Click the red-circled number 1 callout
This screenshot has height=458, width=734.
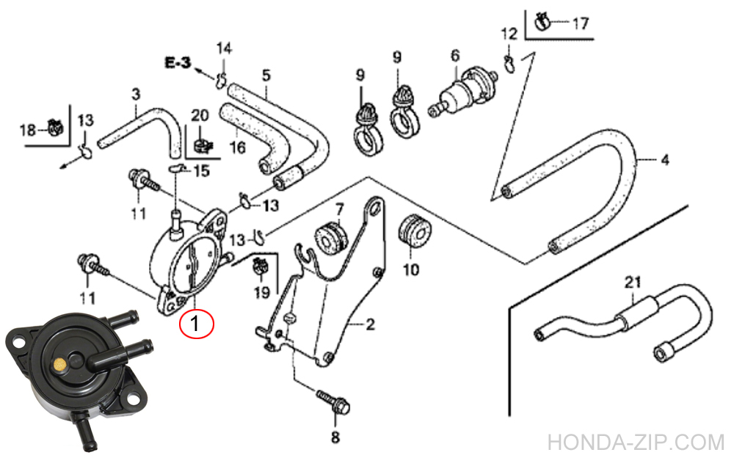(197, 322)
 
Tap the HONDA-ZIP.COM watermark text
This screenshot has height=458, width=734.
(636, 442)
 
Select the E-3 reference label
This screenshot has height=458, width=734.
(177, 64)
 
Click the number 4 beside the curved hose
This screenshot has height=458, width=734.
(664, 159)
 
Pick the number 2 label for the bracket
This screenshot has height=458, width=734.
(370, 324)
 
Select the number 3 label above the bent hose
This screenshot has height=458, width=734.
(136, 94)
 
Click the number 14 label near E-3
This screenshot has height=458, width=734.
(224, 48)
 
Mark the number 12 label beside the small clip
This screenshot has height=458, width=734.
(509, 34)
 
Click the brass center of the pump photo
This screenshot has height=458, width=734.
(59, 362)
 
